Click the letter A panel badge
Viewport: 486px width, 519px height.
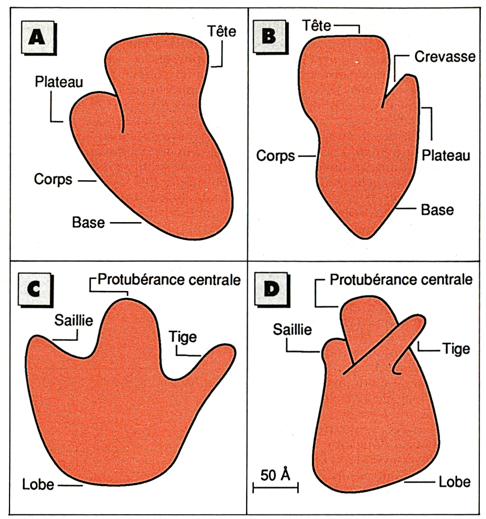37,37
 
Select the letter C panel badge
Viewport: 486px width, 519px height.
34,289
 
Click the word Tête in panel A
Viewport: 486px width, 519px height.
222,31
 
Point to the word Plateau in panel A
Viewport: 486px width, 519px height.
59,82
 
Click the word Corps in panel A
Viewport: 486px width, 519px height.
53,180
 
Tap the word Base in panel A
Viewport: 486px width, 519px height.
88,222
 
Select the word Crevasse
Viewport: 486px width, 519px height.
445,57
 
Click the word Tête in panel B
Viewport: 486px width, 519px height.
316,26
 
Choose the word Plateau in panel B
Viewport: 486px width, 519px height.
446,156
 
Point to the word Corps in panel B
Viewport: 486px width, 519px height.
276,156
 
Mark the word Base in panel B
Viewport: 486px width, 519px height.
437,210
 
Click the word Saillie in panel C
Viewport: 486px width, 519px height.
74,321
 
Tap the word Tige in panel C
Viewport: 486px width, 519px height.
183,337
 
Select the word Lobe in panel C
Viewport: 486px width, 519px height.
38,485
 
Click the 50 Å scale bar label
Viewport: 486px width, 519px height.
275,475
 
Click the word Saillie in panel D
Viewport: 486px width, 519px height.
292,329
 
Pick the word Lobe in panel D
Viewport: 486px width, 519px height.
454,482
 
